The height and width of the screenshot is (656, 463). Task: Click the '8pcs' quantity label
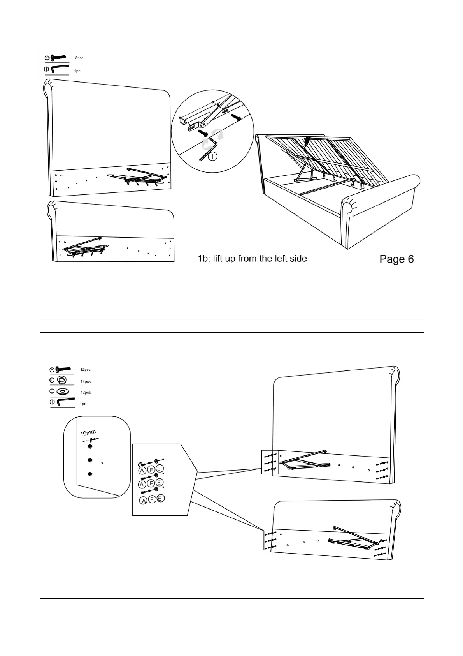[x=79, y=58]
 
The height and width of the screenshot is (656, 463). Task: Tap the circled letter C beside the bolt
[x=47, y=58]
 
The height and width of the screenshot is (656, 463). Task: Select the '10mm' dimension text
[x=88, y=432]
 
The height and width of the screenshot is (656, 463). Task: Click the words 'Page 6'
[x=396, y=259]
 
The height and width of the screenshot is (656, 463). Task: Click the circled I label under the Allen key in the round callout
[x=212, y=157]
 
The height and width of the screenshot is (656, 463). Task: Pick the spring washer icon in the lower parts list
[x=61, y=380]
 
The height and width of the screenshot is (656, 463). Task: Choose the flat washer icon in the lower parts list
[x=61, y=391]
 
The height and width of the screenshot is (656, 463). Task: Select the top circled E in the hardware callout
[x=159, y=469]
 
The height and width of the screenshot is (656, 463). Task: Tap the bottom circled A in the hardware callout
[x=144, y=500]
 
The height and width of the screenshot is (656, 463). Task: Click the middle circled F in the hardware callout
[x=151, y=484]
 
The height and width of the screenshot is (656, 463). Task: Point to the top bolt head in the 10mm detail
[x=90, y=446]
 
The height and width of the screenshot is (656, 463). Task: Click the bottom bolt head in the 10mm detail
[x=90, y=474]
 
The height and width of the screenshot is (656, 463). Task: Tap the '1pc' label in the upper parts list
[x=77, y=71]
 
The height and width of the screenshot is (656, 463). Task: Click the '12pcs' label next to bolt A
[x=85, y=370]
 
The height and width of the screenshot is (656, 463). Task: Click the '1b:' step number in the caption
[x=204, y=258]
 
